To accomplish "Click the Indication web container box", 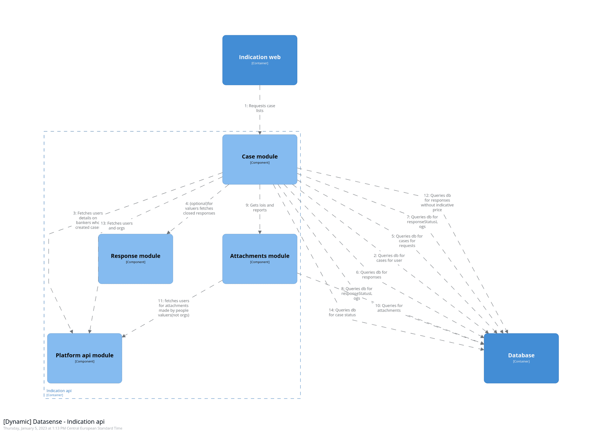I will pyautogui.click(x=260, y=60).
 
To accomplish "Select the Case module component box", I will pyautogui.click(x=260, y=159).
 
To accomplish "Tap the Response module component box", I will pyautogui.click(x=136, y=258).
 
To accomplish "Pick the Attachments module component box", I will pyautogui.click(x=260, y=258).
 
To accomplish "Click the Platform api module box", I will pyautogui.click(x=84, y=358).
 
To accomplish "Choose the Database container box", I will pyautogui.click(x=521, y=358).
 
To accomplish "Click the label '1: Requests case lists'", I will pyautogui.click(x=260, y=108).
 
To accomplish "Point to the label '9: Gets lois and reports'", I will pyautogui.click(x=260, y=208).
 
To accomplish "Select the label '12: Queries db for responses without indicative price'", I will pyautogui.click(x=437, y=203).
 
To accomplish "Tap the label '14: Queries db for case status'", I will pyautogui.click(x=342, y=312).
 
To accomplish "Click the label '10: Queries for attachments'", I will pyautogui.click(x=389, y=308).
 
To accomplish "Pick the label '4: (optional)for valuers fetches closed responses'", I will pyautogui.click(x=199, y=208).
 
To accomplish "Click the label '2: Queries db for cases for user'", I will pyautogui.click(x=389, y=258).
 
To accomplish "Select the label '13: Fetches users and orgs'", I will pyautogui.click(x=117, y=225).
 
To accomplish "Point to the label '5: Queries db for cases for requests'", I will pyautogui.click(x=407, y=241).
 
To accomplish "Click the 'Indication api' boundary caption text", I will pyautogui.click(x=59, y=391).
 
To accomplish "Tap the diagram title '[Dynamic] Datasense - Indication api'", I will pyautogui.click(x=54, y=422).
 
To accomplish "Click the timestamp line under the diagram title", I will pyautogui.click(x=63, y=428).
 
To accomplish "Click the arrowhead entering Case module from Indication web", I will pyautogui.click(x=260, y=133).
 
